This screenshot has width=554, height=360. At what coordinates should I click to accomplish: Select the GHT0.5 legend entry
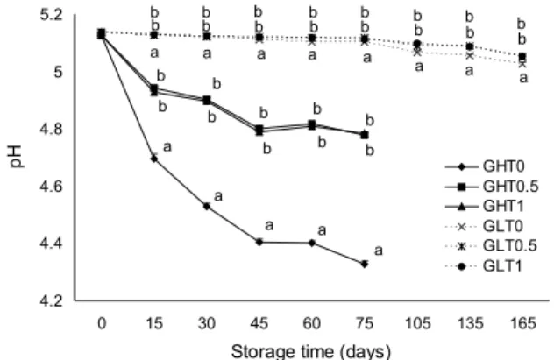click(x=492, y=187)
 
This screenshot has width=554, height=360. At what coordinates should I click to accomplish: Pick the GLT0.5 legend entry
click(x=491, y=245)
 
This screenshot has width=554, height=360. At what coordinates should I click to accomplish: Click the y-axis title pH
click(x=17, y=157)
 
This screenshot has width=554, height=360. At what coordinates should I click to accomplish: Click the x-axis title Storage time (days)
click(x=311, y=351)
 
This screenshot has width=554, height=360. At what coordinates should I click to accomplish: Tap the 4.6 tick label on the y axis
click(x=52, y=187)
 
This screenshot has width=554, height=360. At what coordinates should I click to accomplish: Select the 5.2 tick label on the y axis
click(x=52, y=16)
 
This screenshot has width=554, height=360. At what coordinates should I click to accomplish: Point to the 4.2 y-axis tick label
click(x=52, y=300)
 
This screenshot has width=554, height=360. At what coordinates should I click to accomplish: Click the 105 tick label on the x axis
click(x=417, y=323)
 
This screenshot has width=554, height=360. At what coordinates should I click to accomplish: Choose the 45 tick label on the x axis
click(x=259, y=323)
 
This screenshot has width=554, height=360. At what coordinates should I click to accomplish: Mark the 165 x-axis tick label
click(x=522, y=323)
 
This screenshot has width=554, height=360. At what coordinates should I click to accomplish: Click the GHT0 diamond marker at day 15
click(x=154, y=159)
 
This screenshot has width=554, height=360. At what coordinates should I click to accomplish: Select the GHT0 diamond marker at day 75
click(x=365, y=264)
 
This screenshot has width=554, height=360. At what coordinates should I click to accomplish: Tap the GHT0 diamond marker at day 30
click(x=207, y=206)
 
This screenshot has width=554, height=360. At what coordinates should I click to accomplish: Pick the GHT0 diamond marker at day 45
click(x=259, y=242)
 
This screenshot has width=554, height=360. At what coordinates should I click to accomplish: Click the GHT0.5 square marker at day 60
click(x=312, y=124)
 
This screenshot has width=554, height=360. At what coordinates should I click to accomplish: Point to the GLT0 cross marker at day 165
click(x=522, y=64)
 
